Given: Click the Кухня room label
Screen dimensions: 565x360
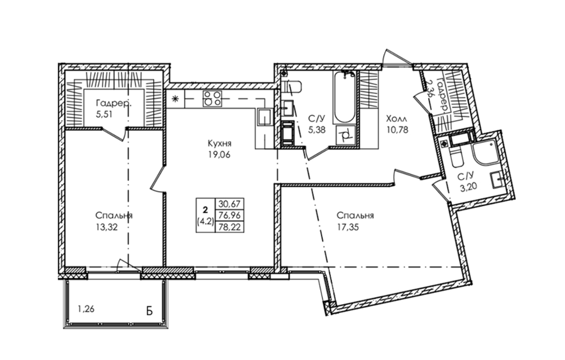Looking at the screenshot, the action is click(x=220, y=144).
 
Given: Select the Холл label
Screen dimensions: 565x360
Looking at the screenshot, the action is click(x=397, y=119).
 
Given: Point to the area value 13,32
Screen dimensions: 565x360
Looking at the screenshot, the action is click(x=106, y=227).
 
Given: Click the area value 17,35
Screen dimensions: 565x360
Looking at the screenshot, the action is click(x=348, y=227).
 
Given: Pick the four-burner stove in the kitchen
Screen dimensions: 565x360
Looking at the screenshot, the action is click(x=212, y=99).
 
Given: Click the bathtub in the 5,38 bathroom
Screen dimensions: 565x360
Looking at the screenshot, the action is click(x=344, y=97).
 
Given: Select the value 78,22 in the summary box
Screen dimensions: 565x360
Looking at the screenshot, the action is click(x=229, y=227).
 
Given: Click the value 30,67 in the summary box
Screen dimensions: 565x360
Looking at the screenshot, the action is click(x=229, y=204).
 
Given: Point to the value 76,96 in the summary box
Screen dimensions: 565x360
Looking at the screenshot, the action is click(x=229, y=215).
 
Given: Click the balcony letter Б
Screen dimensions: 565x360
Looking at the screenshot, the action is click(x=149, y=311).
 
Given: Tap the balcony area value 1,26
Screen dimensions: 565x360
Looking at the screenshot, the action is click(x=86, y=308).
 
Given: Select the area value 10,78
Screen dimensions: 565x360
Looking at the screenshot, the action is click(x=397, y=130).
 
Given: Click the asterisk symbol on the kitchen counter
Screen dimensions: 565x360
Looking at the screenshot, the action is click(x=176, y=99).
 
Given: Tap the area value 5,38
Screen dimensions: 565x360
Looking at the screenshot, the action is click(x=317, y=130).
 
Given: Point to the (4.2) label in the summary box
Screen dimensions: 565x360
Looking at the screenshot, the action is click(x=205, y=222).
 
